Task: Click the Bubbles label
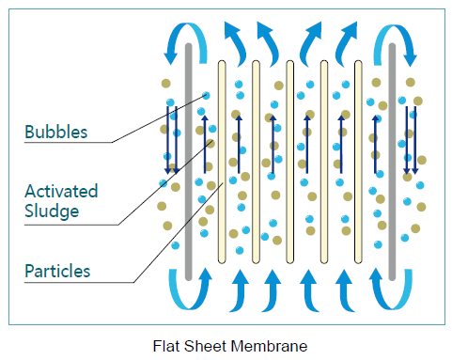(56, 132)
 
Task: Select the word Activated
(61, 191)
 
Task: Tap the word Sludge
(52, 211)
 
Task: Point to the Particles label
(59, 271)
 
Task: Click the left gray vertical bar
(189, 160)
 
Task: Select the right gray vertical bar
(393, 160)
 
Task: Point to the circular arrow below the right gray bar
(393, 287)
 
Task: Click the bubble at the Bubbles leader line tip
(206, 94)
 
